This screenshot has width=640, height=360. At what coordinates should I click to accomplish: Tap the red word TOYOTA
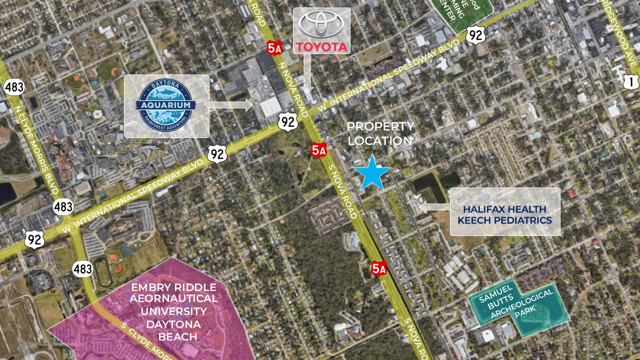[x=321, y=47]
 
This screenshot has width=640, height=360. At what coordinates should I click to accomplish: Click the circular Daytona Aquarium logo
[x=166, y=105]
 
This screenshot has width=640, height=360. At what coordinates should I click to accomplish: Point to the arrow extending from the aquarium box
[x=230, y=105]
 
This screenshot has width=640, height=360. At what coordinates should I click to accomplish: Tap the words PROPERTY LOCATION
[x=380, y=134]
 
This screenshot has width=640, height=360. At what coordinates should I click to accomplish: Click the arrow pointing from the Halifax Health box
[x=434, y=206]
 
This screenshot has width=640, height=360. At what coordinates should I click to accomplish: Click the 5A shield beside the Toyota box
[x=274, y=47]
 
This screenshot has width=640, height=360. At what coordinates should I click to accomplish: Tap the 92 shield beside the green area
[x=475, y=35]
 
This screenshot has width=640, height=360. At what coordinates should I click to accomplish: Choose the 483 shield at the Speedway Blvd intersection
[x=63, y=206]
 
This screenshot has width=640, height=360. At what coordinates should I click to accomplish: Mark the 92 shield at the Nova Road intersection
[x=288, y=121]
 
